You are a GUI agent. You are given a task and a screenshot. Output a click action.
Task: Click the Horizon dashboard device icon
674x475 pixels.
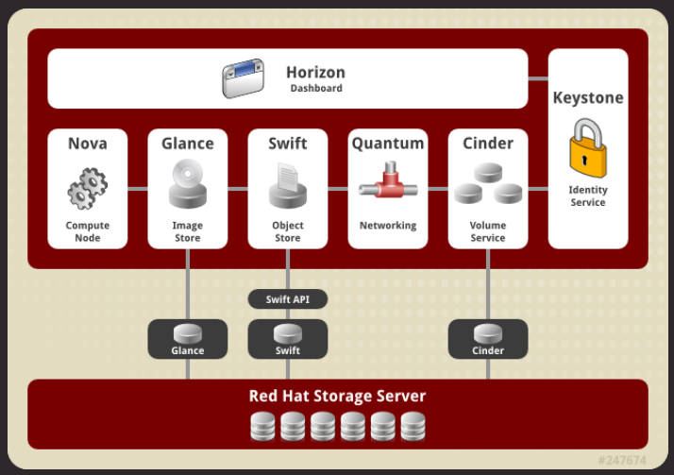[x=245, y=79]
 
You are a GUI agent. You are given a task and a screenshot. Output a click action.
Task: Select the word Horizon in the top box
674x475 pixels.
[x=315, y=72]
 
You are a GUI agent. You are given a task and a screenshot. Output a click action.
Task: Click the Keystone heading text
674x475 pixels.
[x=588, y=98]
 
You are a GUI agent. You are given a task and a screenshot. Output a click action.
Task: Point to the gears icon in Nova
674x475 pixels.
[x=88, y=188]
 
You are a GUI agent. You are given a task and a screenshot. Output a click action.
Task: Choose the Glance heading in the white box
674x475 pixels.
[x=188, y=144]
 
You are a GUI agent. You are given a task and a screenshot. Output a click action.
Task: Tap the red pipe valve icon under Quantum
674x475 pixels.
[x=387, y=181]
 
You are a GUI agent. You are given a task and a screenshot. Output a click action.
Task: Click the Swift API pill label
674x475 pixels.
[x=287, y=299]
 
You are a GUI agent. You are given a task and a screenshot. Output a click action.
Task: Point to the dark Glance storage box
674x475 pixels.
[x=188, y=339]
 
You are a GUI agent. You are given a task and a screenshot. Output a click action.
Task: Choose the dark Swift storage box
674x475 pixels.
[x=287, y=339]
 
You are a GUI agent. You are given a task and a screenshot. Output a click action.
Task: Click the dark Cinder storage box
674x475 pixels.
[x=487, y=339]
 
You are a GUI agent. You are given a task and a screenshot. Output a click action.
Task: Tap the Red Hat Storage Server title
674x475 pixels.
[x=337, y=396]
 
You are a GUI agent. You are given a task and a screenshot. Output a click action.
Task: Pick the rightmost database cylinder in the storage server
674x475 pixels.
[x=413, y=427]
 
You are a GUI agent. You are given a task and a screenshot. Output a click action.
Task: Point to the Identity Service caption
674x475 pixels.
[x=588, y=195]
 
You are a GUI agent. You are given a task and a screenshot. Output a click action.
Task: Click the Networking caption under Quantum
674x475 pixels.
[x=387, y=226]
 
